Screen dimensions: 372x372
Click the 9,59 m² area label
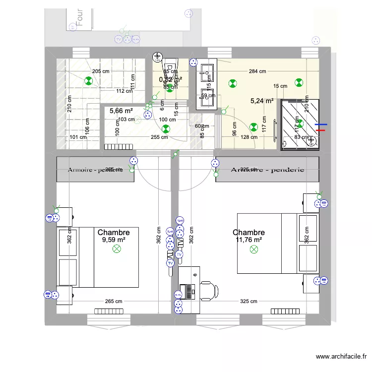tap(114, 240)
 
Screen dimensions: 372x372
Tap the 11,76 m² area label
tap(248, 240)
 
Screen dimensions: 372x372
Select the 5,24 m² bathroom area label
tap(262, 101)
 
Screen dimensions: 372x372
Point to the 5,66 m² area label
tap(121, 111)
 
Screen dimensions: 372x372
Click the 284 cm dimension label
tap(257, 71)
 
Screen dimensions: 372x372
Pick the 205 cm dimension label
tap(100, 71)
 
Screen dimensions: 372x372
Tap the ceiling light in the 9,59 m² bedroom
tap(118, 250)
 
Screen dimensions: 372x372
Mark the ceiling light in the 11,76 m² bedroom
tap(253, 250)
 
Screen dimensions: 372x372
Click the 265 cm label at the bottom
tap(114, 302)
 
